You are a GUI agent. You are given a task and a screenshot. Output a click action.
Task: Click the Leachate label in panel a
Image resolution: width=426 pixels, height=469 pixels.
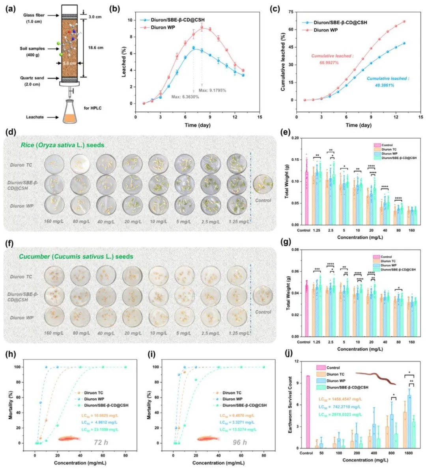35,117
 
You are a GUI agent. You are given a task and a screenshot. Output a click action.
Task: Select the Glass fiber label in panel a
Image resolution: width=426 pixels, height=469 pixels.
34,15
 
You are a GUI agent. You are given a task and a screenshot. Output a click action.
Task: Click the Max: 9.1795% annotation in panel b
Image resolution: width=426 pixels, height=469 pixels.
212,91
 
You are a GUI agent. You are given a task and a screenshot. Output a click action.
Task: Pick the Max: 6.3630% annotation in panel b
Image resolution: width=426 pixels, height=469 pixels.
185,97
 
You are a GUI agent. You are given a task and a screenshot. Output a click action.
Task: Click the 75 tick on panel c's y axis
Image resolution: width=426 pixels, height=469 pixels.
291,12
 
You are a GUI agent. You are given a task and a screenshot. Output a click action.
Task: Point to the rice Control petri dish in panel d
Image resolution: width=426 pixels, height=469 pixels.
263,184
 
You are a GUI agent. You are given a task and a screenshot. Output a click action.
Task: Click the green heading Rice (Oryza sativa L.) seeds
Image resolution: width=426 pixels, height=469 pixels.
63,145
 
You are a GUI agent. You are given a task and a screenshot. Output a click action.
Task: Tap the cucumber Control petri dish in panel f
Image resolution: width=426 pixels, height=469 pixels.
263,296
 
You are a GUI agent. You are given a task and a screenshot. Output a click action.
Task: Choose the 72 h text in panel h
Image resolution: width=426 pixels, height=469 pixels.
101,442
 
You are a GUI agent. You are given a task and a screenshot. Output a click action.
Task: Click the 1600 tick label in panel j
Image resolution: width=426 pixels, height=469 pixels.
408,453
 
